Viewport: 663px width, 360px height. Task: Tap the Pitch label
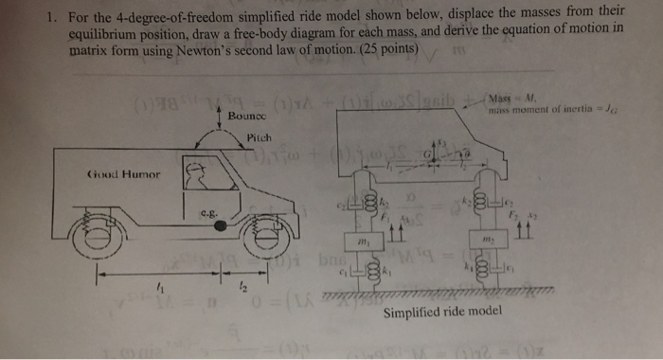258,137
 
